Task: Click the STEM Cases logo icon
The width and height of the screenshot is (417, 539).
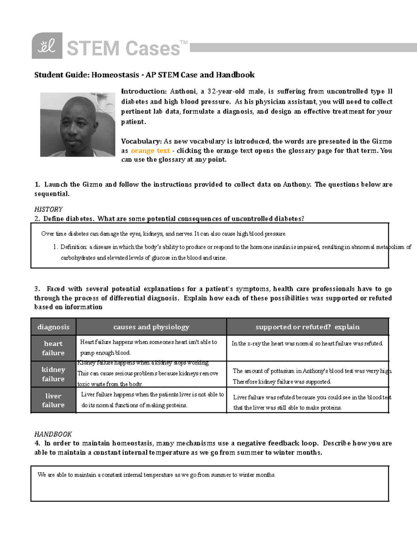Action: pos(47,45)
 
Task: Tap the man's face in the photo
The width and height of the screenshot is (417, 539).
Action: pos(77,125)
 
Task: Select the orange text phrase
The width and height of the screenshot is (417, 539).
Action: pos(150,151)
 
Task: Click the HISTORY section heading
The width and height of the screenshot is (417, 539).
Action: pos(48,209)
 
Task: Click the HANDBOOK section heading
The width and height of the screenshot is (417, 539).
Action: pos(53,434)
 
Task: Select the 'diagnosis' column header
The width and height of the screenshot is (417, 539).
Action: pos(53,327)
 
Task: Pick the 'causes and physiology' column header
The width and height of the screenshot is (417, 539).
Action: pos(151,327)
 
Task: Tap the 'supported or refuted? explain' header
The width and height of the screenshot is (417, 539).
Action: pos(307,327)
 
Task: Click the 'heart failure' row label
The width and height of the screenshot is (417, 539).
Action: pos(53,348)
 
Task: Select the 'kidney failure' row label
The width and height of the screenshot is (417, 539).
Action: pos(53,374)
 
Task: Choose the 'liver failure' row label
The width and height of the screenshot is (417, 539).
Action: pos(53,400)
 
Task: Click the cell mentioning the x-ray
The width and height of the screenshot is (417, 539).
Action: pos(307,344)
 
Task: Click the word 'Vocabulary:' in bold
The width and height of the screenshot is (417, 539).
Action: pos(141,141)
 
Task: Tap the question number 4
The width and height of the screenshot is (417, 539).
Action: pos(37,443)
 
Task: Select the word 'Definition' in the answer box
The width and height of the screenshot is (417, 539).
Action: pos(73,247)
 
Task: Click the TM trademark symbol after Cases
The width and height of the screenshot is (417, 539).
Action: pos(184,42)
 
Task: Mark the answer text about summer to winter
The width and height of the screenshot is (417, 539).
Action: pos(156,475)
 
